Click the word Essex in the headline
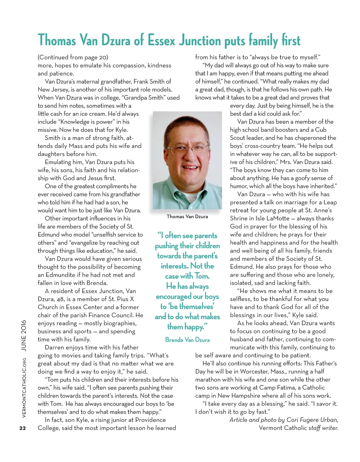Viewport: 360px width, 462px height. click(x=161, y=40)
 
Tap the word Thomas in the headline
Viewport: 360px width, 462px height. click(x=57, y=40)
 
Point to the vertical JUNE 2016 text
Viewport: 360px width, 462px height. click(x=24, y=335)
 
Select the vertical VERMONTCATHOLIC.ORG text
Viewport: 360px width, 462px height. click(x=24, y=388)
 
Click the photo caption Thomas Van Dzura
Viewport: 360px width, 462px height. click(x=187, y=217)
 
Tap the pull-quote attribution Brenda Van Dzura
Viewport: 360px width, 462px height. click(x=187, y=340)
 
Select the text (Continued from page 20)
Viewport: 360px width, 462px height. click(x=73, y=57)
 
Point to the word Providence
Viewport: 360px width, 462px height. click(x=150, y=420)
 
